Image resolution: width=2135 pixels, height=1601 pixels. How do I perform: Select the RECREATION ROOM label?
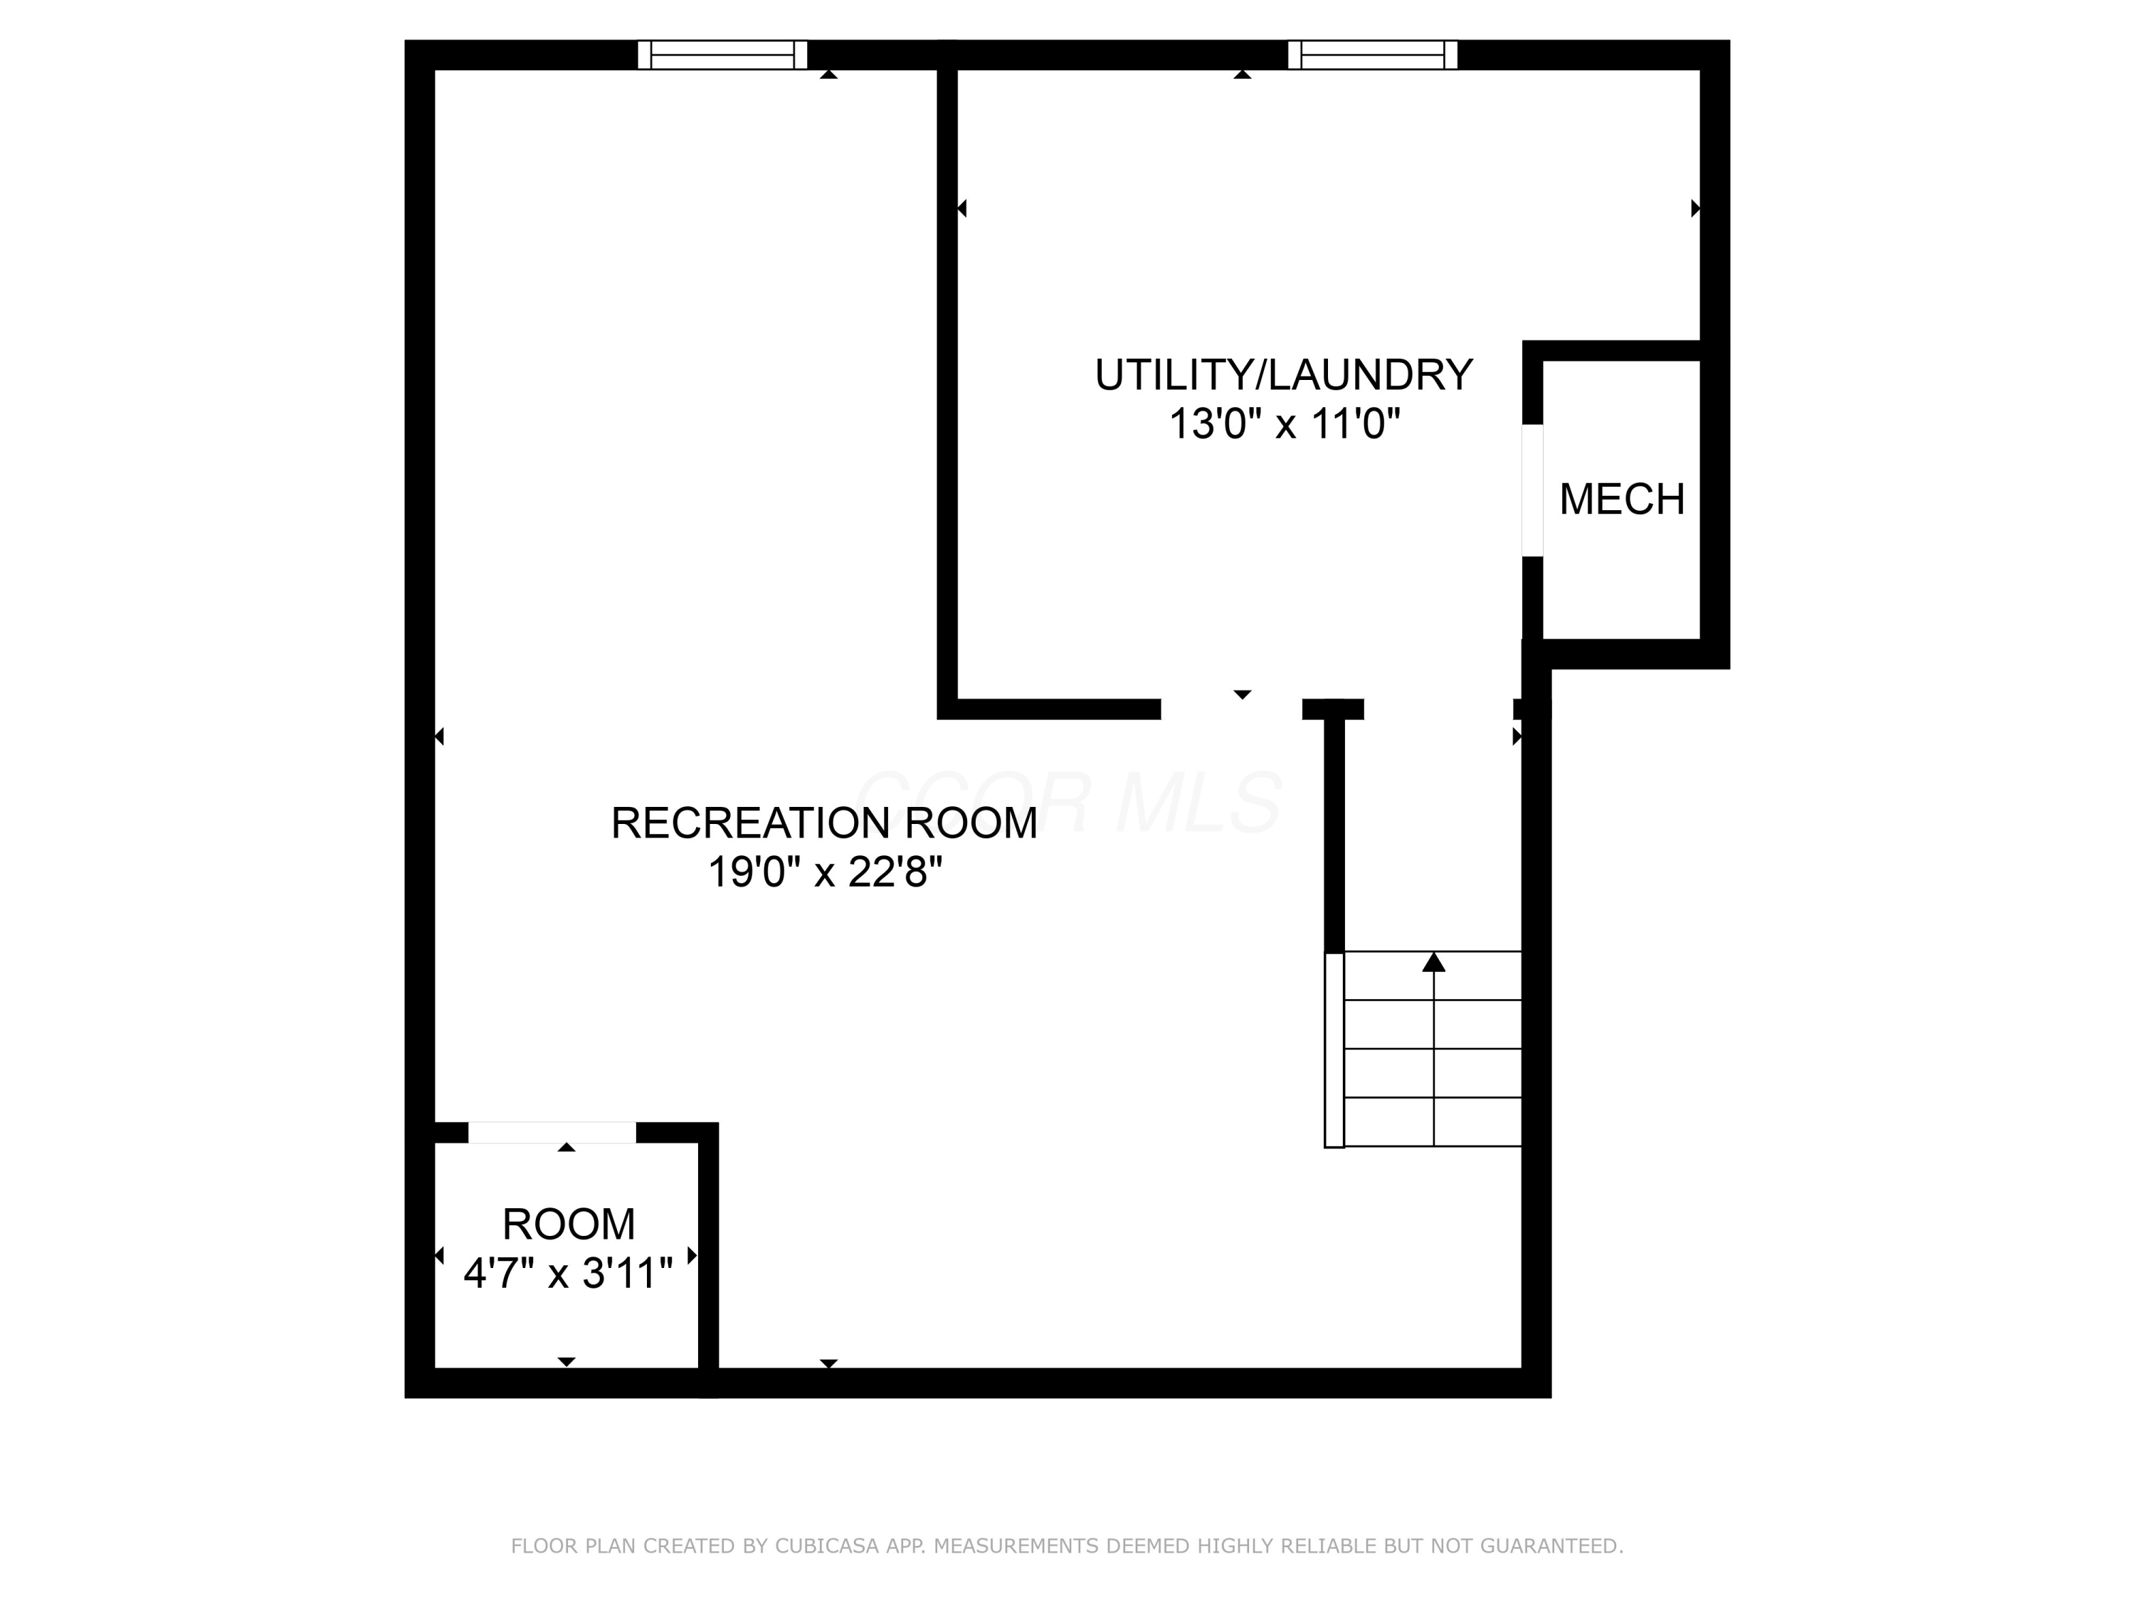(823, 823)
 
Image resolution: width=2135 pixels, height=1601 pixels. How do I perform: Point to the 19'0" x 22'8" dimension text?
(824, 872)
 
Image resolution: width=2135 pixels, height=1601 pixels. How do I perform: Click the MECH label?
(1621, 499)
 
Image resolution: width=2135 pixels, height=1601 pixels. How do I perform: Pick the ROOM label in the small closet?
(569, 1225)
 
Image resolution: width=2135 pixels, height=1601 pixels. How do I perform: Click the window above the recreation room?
(722, 55)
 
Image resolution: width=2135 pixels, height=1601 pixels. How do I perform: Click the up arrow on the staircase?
(1433, 962)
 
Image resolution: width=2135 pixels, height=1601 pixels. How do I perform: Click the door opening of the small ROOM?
(552, 1132)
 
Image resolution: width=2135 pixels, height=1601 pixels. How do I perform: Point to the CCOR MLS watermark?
(1067, 802)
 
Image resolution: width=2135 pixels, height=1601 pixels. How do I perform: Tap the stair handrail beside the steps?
(1334, 1050)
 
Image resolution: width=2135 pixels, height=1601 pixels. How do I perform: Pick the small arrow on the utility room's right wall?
(1695, 208)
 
